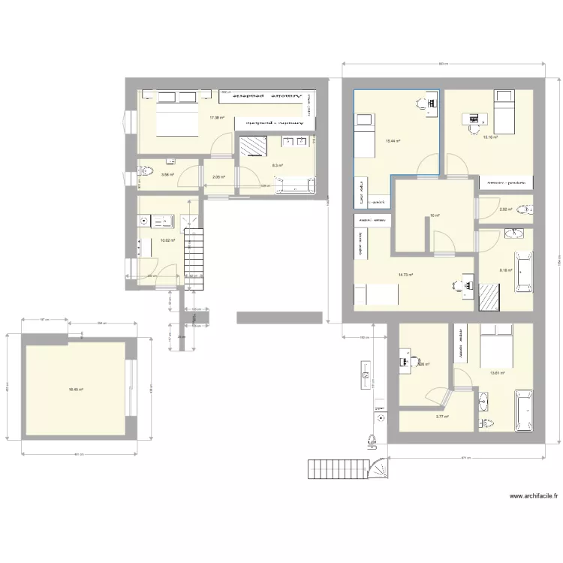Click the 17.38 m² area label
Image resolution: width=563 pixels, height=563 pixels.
217,118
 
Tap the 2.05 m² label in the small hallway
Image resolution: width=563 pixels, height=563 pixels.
218,177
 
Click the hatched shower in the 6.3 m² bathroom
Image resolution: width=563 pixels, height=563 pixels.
248,144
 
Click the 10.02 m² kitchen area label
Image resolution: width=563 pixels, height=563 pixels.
167,241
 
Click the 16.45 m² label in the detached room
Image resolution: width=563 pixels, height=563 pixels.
75,389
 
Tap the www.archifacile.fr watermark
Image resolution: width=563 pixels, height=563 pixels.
534,496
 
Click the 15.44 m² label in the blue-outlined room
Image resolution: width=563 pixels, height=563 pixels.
393,140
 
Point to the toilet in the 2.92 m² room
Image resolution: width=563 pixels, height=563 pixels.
525,209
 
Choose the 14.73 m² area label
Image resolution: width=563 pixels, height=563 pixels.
406,275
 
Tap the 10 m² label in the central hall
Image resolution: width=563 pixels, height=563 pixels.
434,216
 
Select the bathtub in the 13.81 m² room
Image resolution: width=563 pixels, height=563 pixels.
522,411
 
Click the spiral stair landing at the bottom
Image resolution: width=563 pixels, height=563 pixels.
378,468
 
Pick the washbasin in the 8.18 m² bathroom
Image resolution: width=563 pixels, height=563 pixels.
515,233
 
